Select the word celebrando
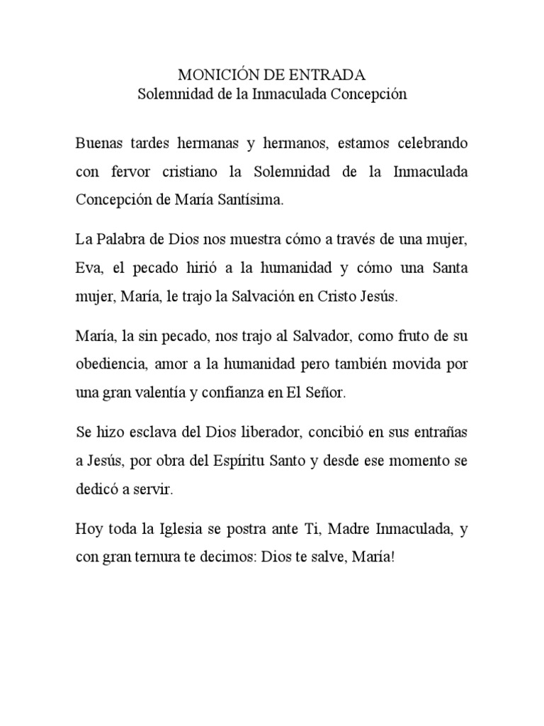(x=431, y=143)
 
